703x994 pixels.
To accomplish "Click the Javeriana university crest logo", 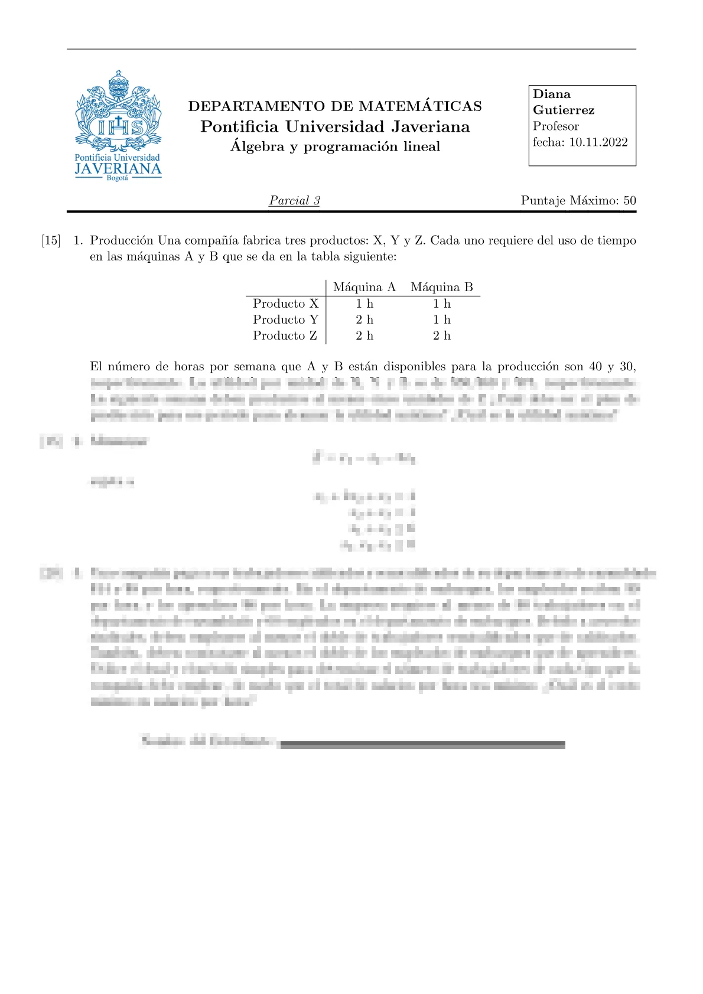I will pos(118,125).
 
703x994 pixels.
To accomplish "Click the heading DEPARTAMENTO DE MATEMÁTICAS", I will pos(335,106).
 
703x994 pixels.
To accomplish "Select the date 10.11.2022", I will pos(598,142).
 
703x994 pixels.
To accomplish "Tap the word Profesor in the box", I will pos(555,126).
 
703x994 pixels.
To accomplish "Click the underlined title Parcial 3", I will pos(294,201).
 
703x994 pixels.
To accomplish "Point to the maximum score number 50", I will pos(629,201).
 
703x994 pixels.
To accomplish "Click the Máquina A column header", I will pos(364,288).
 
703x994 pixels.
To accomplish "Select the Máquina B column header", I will pos(442,288).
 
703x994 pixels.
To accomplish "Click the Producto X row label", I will pos(285,304).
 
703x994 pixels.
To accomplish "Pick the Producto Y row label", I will pos(285,320).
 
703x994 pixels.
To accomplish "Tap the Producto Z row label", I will pos(285,335).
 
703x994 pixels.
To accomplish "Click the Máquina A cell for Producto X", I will pos(364,304).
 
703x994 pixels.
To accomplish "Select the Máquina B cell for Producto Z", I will pos(442,335).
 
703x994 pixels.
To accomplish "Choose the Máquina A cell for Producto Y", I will pos(364,320).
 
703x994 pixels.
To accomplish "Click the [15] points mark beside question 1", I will pos(51,240).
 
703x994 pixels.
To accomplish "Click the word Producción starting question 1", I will pos(122,240).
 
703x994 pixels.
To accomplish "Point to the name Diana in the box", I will pos(552,94).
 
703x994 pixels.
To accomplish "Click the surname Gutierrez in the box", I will pos(564,110).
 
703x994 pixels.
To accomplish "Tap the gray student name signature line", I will pos(422,745).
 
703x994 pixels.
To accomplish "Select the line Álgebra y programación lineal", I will pos(335,146).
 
